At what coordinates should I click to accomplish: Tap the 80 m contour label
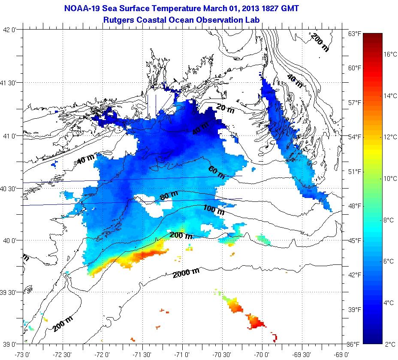click(169, 198)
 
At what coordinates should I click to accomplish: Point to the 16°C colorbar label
click(390, 54)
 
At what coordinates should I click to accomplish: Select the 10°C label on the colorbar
click(390, 179)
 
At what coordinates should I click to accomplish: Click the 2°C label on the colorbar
click(390, 344)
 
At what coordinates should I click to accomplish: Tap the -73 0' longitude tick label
click(22, 354)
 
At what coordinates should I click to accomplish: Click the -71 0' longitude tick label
click(182, 354)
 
